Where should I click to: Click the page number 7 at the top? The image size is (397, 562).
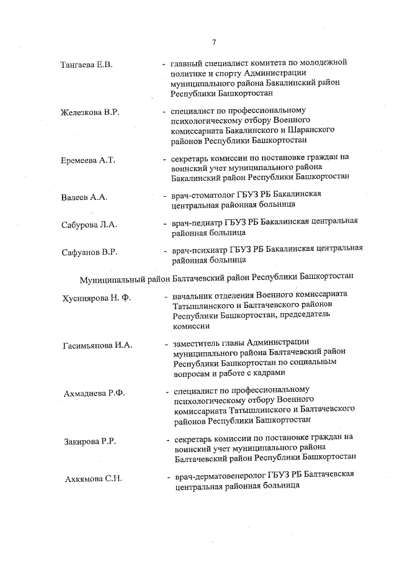[213, 42]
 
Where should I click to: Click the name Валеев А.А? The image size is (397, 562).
[84, 197]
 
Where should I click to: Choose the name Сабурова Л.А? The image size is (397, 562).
[89, 224]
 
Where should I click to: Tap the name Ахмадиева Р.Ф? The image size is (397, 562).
[95, 394]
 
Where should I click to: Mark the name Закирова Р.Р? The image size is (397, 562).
[90, 442]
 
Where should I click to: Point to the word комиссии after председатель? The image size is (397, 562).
[192, 325]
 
